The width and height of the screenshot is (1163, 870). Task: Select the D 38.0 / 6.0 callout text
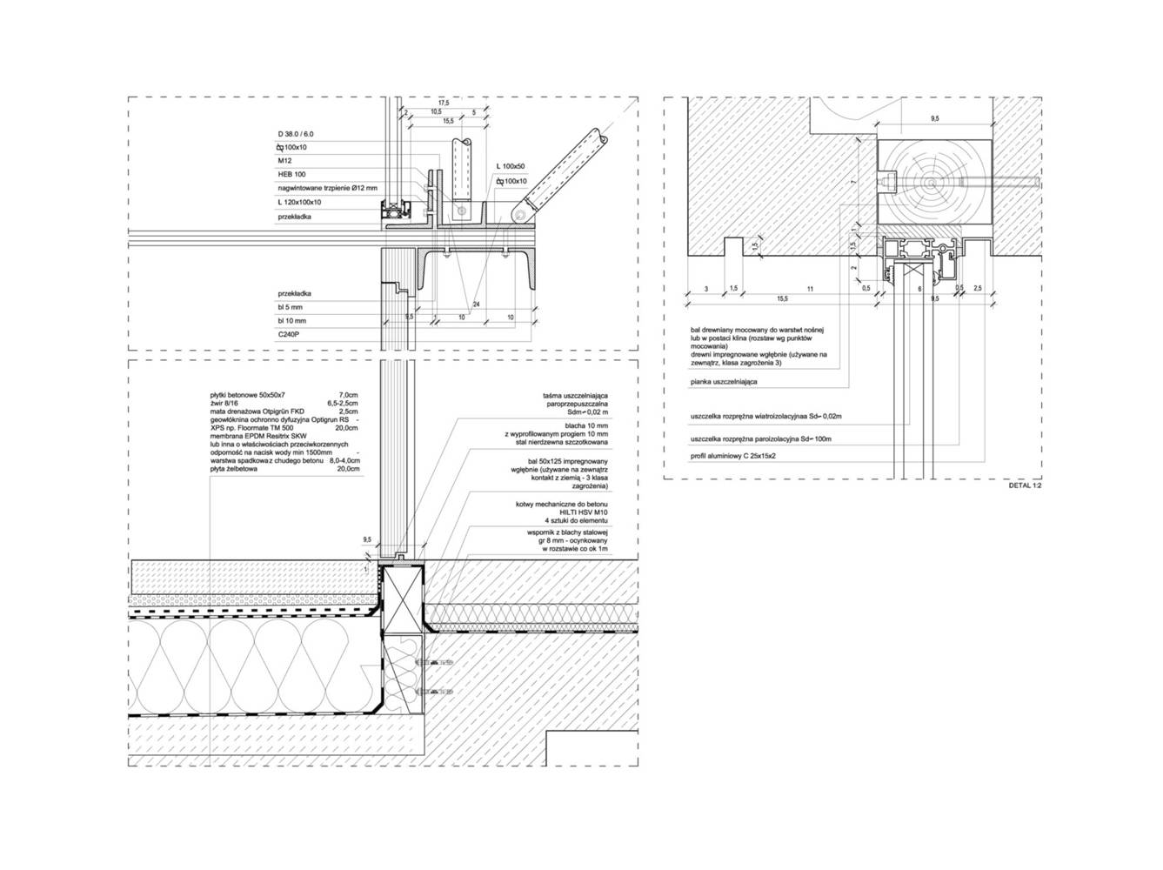pyautogui.click(x=296, y=133)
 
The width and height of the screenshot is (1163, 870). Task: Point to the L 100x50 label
pyautogui.click(x=511, y=165)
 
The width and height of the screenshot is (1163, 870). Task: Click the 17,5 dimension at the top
pyautogui.click(x=444, y=103)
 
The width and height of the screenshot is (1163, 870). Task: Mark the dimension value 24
pyautogui.click(x=476, y=304)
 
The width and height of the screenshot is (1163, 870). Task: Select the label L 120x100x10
pyautogui.click(x=299, y=202)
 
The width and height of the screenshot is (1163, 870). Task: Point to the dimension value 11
pyautogui.click(x=809, y=288)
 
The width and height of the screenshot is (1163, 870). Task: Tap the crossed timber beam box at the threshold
pyautogui.click(x=404, y=597)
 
